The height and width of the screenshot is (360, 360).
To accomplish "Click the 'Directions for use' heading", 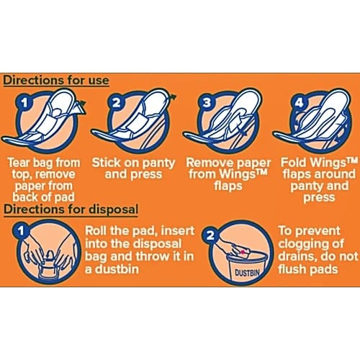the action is [56, 80].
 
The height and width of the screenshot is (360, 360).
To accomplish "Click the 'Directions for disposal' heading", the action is [71, 210].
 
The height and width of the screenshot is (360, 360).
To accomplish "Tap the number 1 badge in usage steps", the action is [24, 103].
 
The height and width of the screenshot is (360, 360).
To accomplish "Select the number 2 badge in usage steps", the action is [117, 102].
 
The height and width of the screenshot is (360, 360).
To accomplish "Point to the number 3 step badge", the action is [207, 102].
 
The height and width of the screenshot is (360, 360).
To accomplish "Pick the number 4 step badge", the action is [299, 103].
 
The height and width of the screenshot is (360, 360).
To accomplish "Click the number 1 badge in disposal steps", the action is [21, 230].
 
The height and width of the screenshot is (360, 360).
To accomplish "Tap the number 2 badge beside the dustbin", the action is [210, 235].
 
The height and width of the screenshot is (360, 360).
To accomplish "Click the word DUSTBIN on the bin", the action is [247, 273].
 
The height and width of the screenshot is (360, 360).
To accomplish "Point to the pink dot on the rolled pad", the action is [243, 252].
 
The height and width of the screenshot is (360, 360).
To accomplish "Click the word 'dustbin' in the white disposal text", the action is [117, 269].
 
